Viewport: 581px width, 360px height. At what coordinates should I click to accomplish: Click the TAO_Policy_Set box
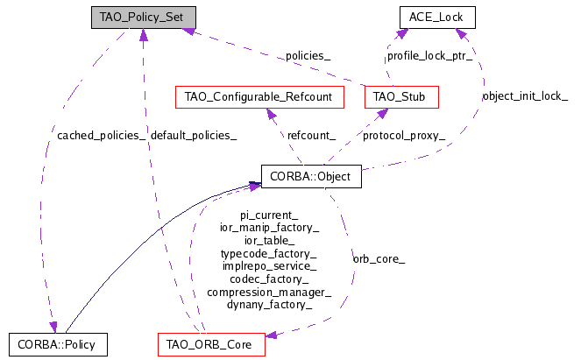pyautogui.click(x=144, y=18)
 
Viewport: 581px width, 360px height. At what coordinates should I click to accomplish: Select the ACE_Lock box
pyautogui.click(x=437, y=18)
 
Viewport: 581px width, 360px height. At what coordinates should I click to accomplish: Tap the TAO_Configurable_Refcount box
pyautogui.click(x=259, y=97)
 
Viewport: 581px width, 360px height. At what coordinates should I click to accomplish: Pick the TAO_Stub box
pyautogui.click(x=401, y=97)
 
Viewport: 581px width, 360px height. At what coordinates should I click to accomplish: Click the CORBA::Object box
pyautogui.click(x=311, y=177)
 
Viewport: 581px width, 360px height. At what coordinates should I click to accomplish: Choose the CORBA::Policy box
pyautogui.click(x=58, y=345)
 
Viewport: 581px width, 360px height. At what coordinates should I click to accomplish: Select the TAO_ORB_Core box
pyautogui.click(x=211, y=345)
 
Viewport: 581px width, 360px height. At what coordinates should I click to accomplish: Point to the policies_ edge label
pyautogui.click(x=308, y=56)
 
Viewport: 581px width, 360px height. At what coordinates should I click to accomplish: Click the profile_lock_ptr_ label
pyautogui.click(x=429, y=56)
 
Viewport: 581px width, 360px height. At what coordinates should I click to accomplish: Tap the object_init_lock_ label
pyautogui.click(x=525, y=96)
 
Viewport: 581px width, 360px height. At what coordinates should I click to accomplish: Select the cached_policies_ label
pyautogui.click(x=101, y=136)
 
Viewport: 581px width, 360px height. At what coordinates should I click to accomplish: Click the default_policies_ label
pyautogui.click(x=194, y=136)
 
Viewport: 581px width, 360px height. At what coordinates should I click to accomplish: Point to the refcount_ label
pyautogui.click(x=311, y=136)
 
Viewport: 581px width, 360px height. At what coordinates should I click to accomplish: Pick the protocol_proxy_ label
pyautogui.click(x=404, y=136)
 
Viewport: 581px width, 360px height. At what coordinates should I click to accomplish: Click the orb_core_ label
pyautogui.click(x=379, y=259)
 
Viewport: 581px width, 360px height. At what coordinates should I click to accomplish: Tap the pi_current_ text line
pyautogui.click(x=269, y=215)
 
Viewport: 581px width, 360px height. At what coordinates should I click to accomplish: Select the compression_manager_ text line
pyautogui.click(x=269, y=293)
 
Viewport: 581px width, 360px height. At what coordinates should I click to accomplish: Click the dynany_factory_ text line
pyautogui.click(x=269, y=305)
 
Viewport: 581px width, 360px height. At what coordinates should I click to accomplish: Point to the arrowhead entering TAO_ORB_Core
pyautogui.click(x=272, y=335)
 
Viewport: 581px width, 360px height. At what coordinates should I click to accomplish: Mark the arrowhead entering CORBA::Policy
pyautogui.click(x=53, y=328)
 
